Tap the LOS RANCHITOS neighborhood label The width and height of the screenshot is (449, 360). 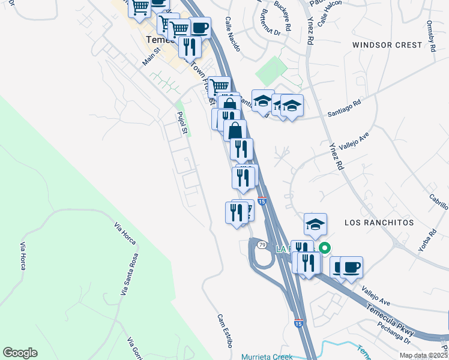pyautogui.click(x=379, y=222)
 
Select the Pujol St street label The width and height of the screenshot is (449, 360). pyautogui.click(x=182, y=122)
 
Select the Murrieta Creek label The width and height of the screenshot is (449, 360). pyautogui.click(x=267, y=356)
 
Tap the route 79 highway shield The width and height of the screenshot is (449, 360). pyautogui.click(x=262, y=245)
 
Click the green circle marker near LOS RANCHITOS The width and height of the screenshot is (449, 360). pyautogui.click(x=325, y=247)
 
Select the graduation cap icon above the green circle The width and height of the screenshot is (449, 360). pyautogui.click(x=315, y=224)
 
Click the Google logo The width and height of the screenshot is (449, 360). pyautogui.click(x=20, y=353)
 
